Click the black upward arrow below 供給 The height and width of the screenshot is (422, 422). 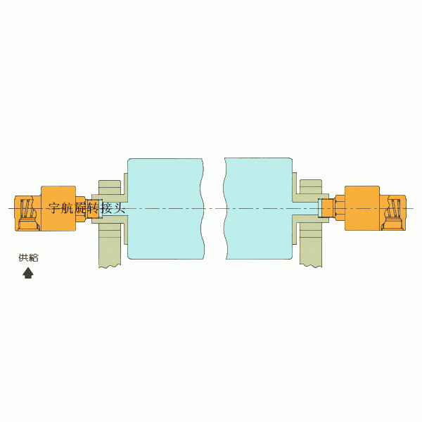(28, 273)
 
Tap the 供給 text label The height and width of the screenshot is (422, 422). (28, 257)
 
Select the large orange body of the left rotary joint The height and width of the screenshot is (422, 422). (58, 208)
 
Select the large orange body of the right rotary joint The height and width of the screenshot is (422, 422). (362, 208)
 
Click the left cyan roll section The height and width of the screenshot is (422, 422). (165, 209)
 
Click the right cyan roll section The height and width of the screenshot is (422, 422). (258, 209)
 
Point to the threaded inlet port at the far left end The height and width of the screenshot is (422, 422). (27, 213)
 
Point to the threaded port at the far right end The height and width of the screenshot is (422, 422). (393, 213)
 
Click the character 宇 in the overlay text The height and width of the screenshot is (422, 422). (55, 208)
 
